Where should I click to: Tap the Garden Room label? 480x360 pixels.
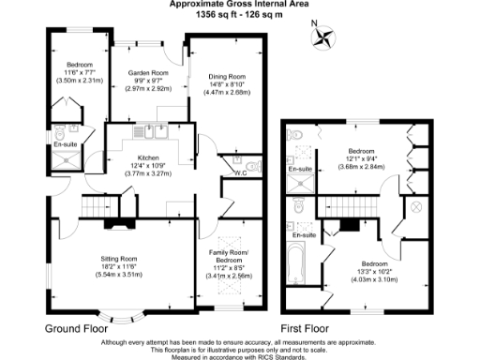[x=147, y=72]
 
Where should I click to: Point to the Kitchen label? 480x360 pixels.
[x=151, y=158]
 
